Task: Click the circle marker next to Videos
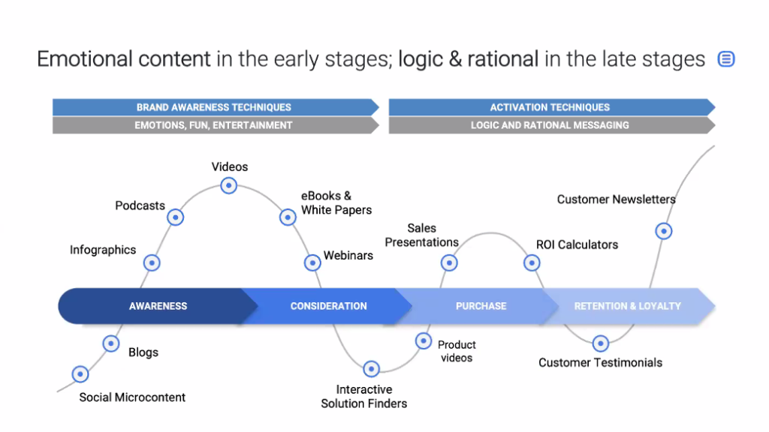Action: [x=229, y=185]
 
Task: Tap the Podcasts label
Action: [x=140, y=205]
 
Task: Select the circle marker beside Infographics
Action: [x=152, y=262]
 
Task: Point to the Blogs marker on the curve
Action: [x=111, y=343]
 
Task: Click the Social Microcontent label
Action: [x=132, y=397]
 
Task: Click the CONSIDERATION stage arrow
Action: [x=328, y=306]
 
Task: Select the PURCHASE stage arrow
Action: [x=481, y=306]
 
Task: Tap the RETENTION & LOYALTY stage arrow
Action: [x=628, y=306]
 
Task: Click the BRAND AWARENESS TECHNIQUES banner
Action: [x=214, y=107]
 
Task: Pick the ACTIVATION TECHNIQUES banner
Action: [x=550, y=107]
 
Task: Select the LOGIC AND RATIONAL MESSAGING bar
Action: [x=550, y=125]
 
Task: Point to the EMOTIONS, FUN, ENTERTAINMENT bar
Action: [x=214, y=125]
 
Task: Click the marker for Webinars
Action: [x=312, y=262]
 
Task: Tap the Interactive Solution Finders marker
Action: [x=371, y=368]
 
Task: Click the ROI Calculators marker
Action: [x=532, y=262]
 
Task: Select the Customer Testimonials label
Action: [x=600, y=363]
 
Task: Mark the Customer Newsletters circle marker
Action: [x=663, y=230]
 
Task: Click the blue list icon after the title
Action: [x=726, y=59]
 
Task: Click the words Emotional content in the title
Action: [x=124, y=59]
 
